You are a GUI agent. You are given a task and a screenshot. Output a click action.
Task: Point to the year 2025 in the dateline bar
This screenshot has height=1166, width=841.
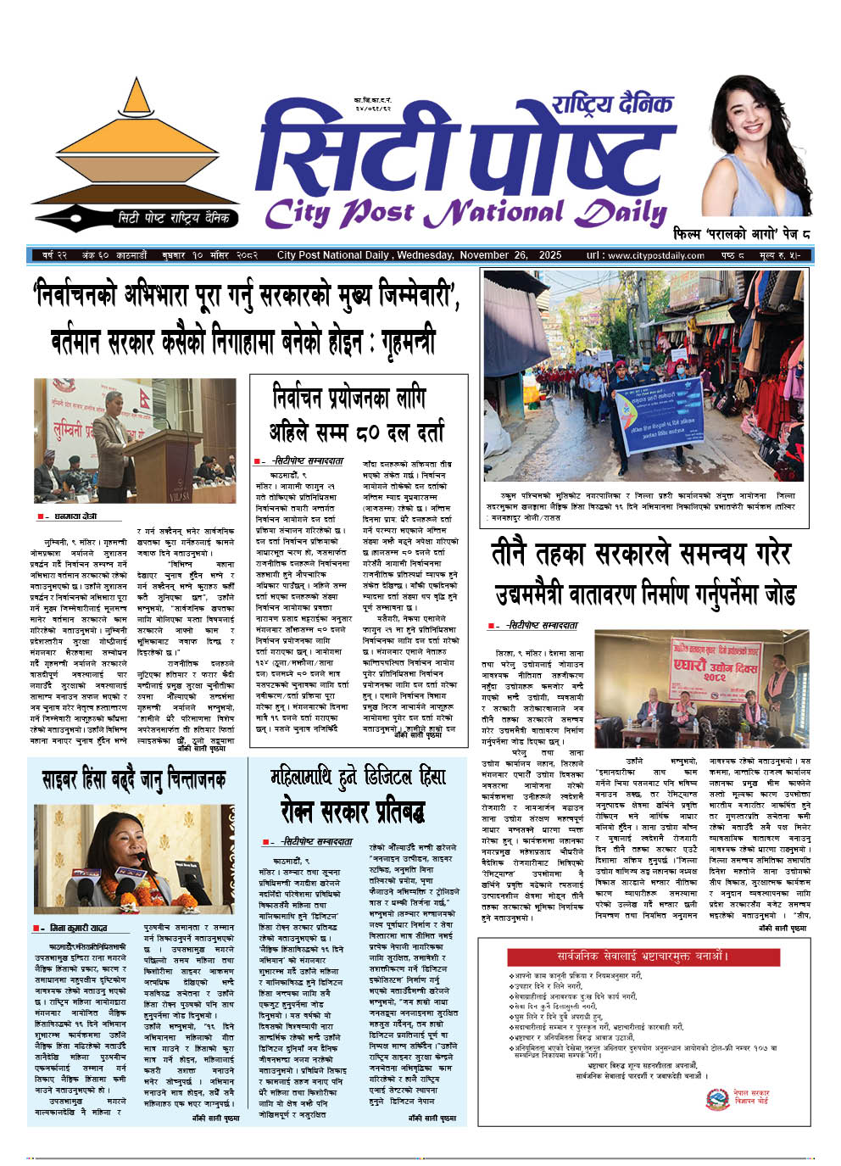pyautogui.click(x=550, y=255)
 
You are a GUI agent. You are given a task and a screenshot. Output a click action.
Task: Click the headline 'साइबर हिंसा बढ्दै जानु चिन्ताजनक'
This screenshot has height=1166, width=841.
pyautogui.click(x=134, y=778)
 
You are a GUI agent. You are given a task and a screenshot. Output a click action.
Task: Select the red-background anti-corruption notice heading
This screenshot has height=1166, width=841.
pyautogui.click(x=642, y=957)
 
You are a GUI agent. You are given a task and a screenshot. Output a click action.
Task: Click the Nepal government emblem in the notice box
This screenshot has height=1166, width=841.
pyautogui.click(x=717, y=1099)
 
